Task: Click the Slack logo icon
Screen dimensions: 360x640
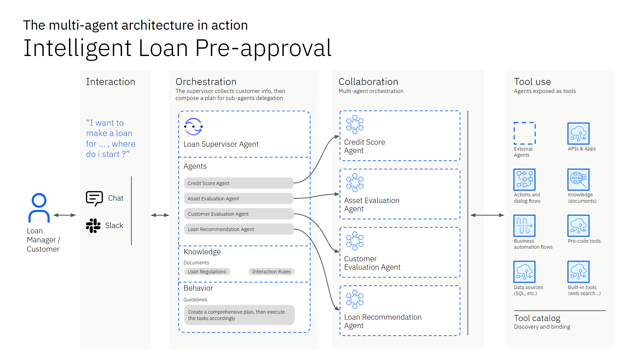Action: click(93, 226)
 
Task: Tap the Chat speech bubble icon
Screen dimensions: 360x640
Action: click(94, 198)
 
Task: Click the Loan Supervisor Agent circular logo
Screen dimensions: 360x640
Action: click(193, 127)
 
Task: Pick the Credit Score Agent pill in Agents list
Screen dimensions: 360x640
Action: click(238, 183)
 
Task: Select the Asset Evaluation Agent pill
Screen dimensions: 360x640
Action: click(238, 198)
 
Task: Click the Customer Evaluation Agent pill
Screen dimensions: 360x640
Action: click(238, 214)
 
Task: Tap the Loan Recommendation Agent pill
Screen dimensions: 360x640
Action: click(238, 229)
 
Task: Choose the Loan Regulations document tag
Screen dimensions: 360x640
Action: click(207, 272)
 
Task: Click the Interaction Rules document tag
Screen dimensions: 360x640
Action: click(271, 272)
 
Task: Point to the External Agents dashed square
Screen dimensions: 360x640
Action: click(524, 133)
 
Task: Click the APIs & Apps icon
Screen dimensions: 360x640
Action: click(578, 133)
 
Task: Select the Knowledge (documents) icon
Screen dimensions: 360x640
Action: click(578, 179)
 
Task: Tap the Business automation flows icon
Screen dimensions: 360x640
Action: click(524, 226)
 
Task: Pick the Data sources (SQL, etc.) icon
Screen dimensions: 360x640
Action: click(524, 272)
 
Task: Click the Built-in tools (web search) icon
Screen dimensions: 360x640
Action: click(578, 272)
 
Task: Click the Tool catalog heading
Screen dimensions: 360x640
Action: click(537, 318)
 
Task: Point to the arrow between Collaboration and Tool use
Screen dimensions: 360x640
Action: click(487, 215)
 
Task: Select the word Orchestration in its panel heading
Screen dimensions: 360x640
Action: click(206, 82)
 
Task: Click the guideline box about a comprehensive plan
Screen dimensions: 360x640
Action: click(239, 315)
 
